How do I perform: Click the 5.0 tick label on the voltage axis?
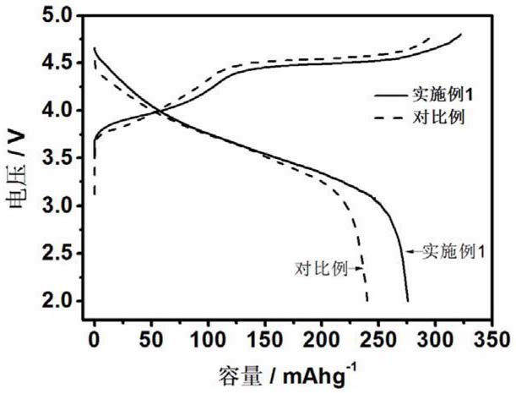tap(66, 15)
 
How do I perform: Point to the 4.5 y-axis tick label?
tap(66, 63)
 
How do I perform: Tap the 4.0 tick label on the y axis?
tap(66, 111)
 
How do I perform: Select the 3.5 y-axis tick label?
tap(66, 158)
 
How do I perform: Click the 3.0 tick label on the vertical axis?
tap(66, 206)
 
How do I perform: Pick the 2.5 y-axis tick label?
tap(66, 254)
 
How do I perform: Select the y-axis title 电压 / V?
tap(19, 161)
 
